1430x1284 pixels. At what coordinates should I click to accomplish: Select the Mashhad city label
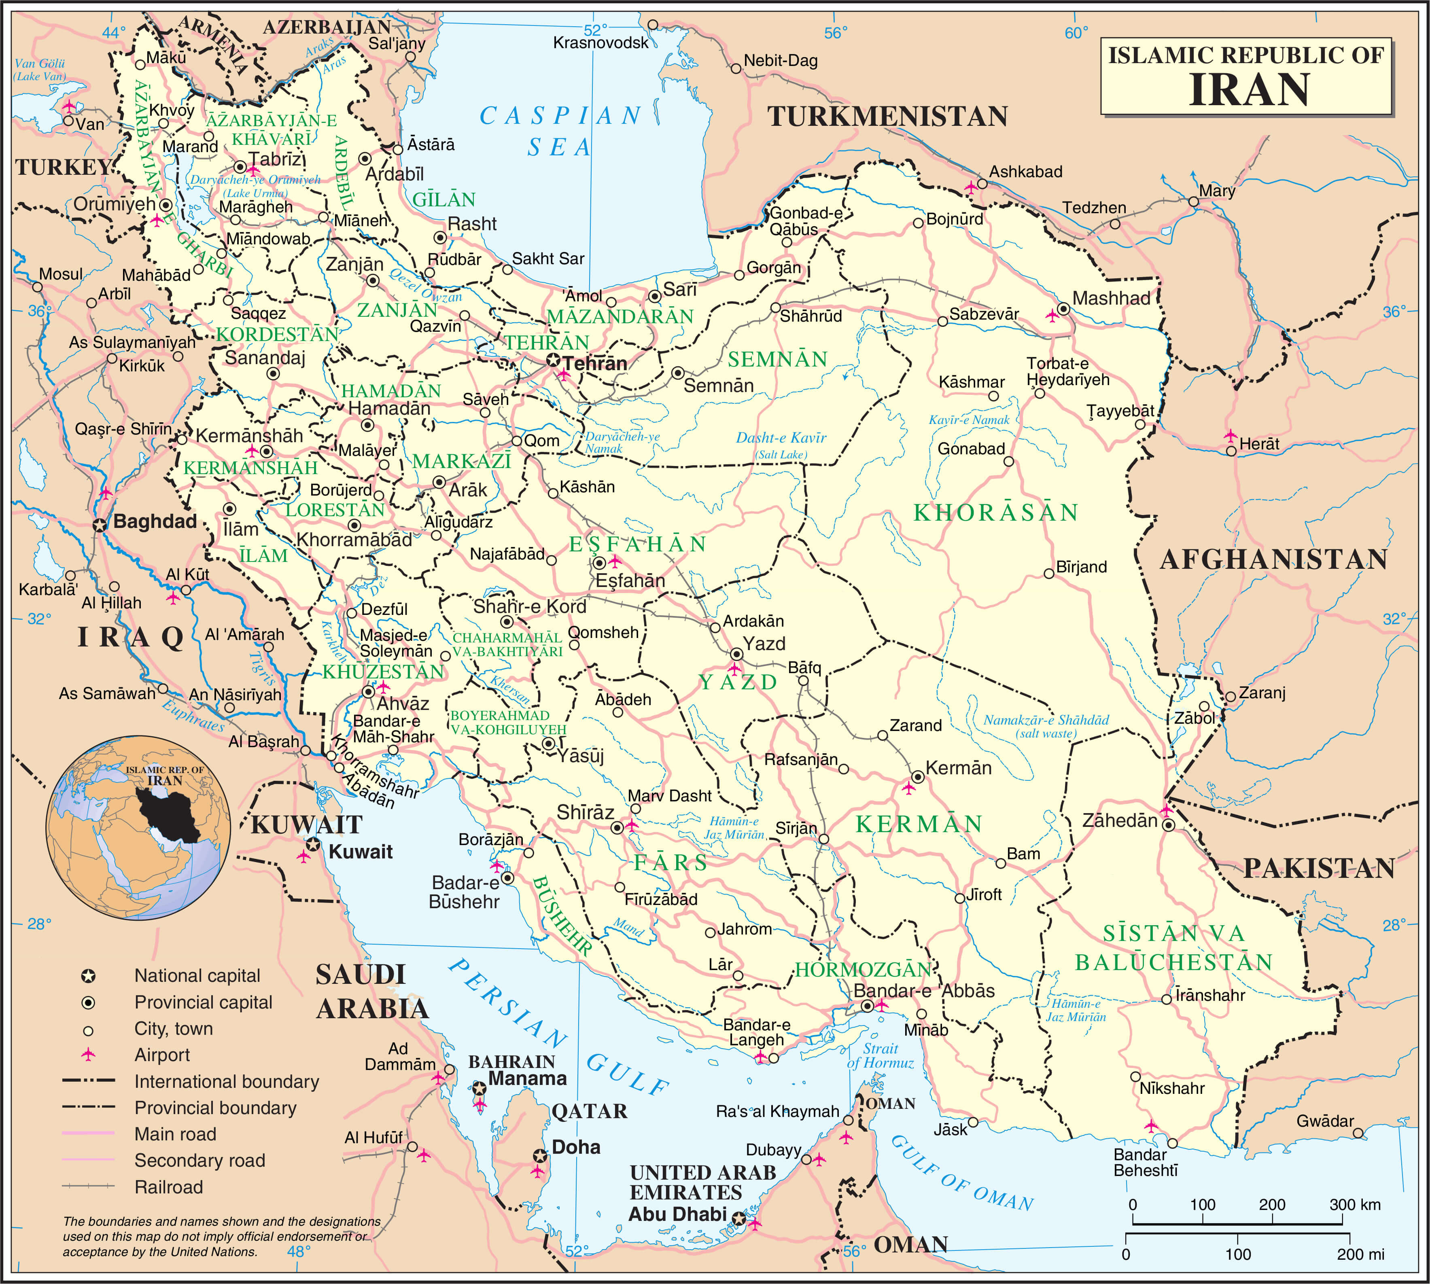point(1111,299)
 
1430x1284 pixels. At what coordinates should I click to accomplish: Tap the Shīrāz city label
point(585,812)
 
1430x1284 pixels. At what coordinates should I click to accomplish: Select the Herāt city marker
point(1231,450)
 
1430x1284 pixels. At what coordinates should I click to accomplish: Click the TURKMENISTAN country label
point(887,117)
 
